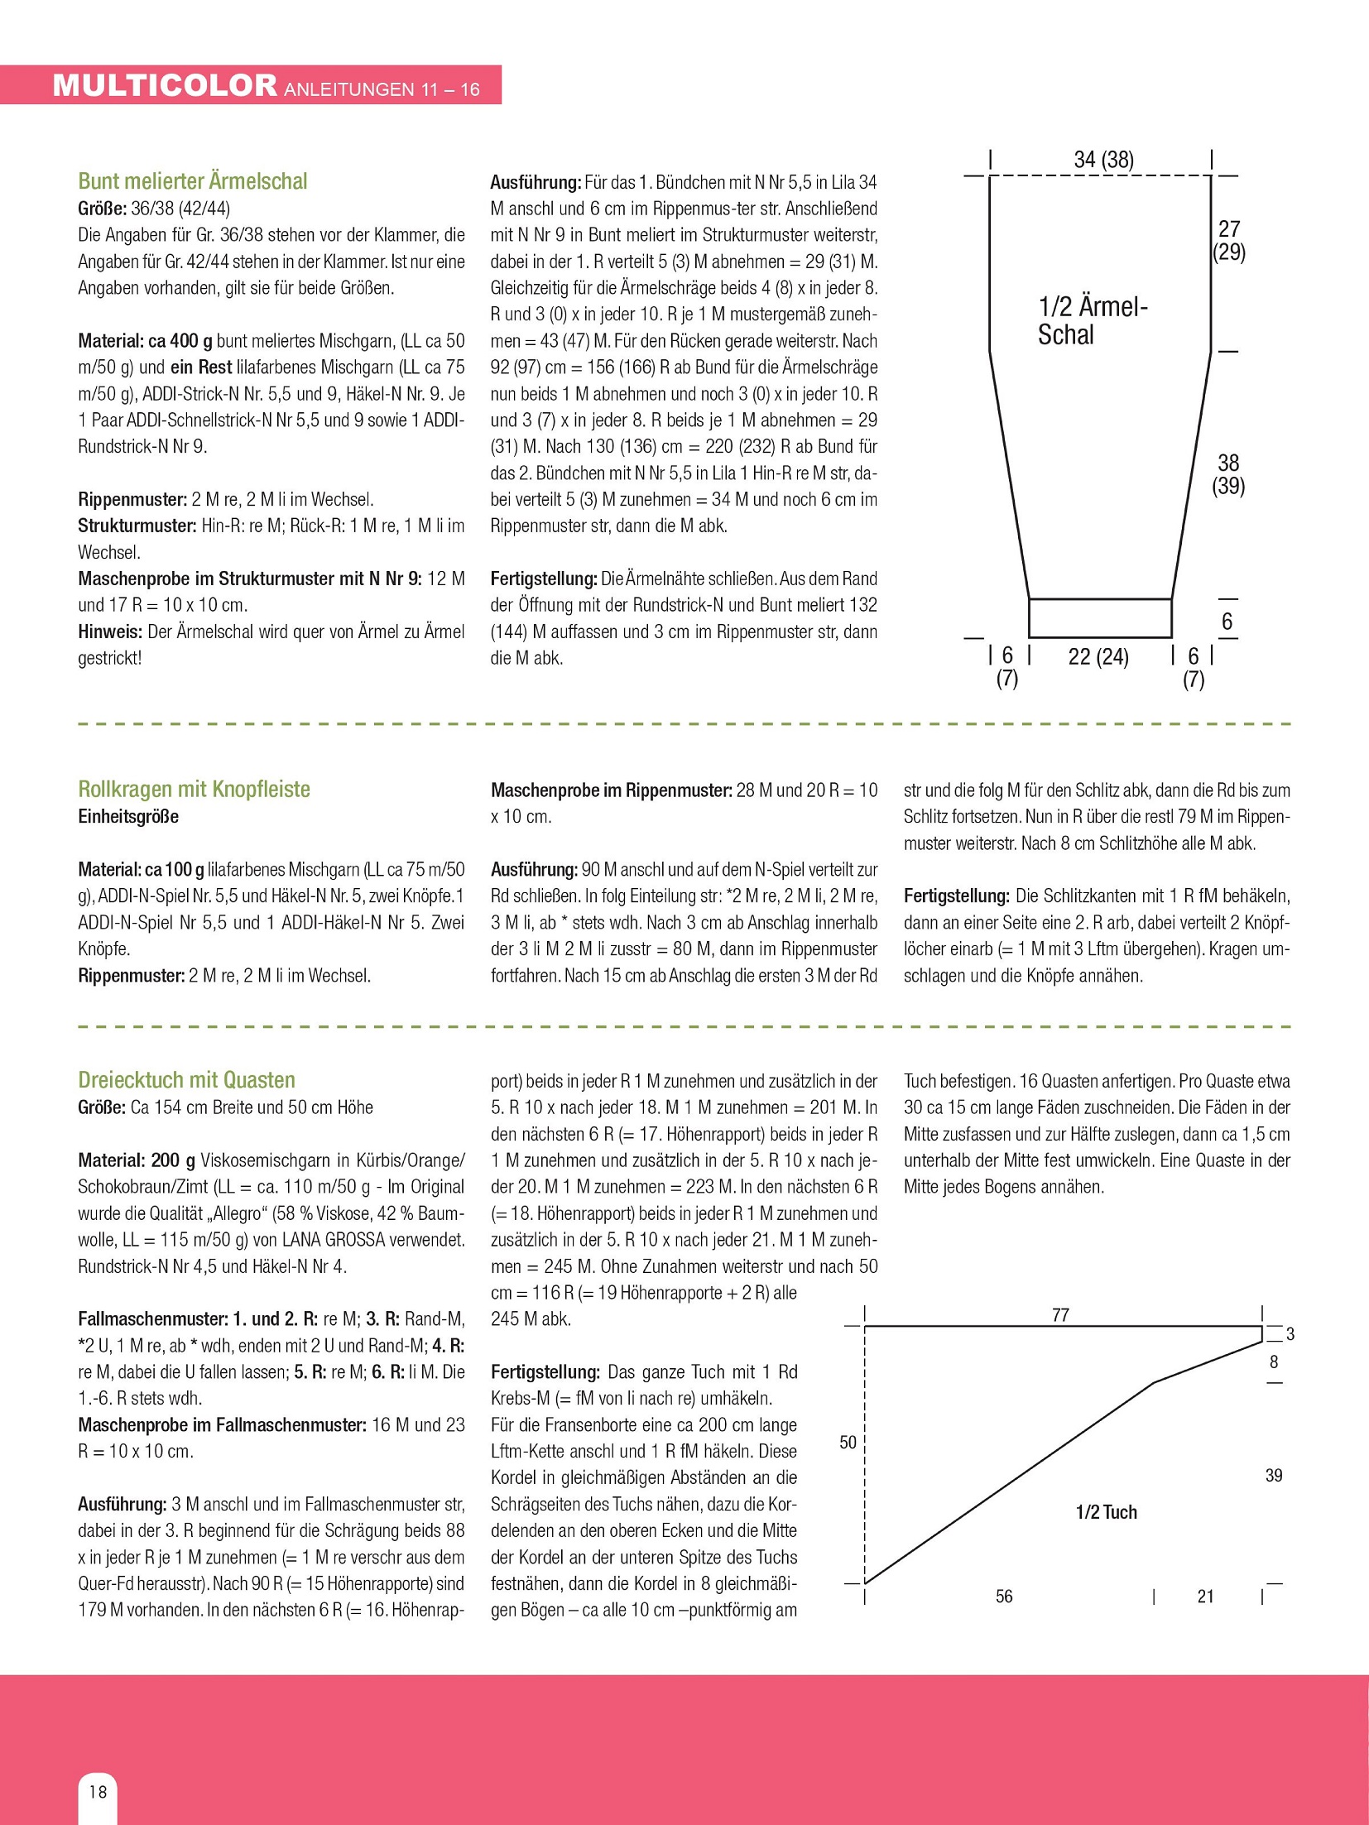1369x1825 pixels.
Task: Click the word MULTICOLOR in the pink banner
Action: point(164,86)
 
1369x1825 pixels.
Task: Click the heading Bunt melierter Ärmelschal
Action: point(192,181)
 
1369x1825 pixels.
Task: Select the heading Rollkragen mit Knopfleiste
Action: point(194,789)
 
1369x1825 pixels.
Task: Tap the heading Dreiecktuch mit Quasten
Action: point(186,1079)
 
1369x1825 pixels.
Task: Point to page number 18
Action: point(98,1792)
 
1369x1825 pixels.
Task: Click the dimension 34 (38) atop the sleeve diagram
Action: point(1103,160)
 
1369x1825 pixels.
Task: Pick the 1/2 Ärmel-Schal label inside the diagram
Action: point(1091,321)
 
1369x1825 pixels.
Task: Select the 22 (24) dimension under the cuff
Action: point(1098,657)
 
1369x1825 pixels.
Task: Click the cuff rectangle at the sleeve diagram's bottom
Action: point(1100,618)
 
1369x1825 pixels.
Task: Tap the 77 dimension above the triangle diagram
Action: point(1060,1315)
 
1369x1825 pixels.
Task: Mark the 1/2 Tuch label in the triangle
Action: point(1106,1512)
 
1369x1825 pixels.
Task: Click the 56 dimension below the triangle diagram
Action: point(1004,1597)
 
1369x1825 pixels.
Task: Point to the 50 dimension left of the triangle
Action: point(848,1443)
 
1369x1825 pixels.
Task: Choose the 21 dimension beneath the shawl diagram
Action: point(1206,1597)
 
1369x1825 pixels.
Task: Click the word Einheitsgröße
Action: point(128,817)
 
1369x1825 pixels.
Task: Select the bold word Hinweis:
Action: point(110,632)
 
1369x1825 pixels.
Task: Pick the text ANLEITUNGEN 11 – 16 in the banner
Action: point(382,89)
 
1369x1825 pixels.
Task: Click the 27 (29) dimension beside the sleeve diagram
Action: point(1229,240)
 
